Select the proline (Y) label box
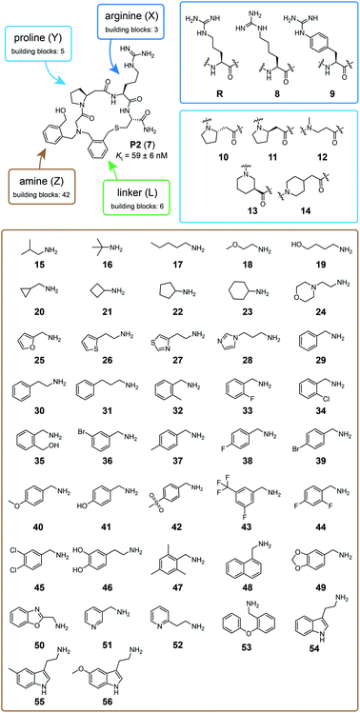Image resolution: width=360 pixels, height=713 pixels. [37, 46]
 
